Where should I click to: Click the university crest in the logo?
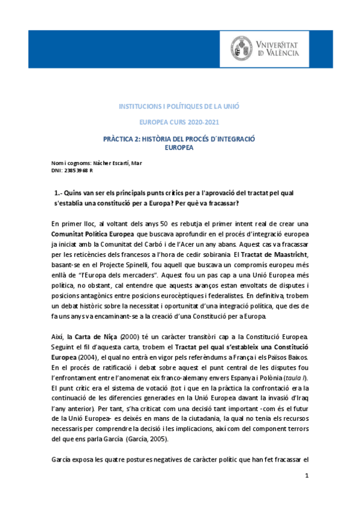pos(245,48)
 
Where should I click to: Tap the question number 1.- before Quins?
pos(59,191)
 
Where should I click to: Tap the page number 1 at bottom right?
pos(307,493)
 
